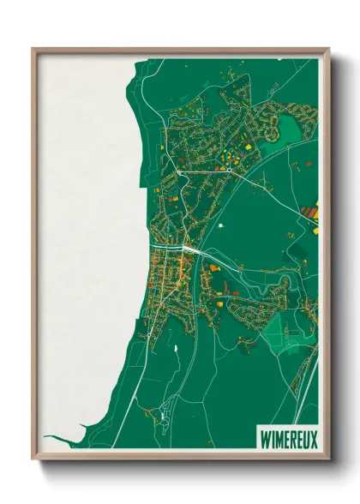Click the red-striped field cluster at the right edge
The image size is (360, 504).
pos(310,209)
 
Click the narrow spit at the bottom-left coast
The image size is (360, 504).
pos(64,441)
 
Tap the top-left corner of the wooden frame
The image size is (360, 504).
pos(33,50)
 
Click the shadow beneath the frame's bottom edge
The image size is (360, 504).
pos(180,467)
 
